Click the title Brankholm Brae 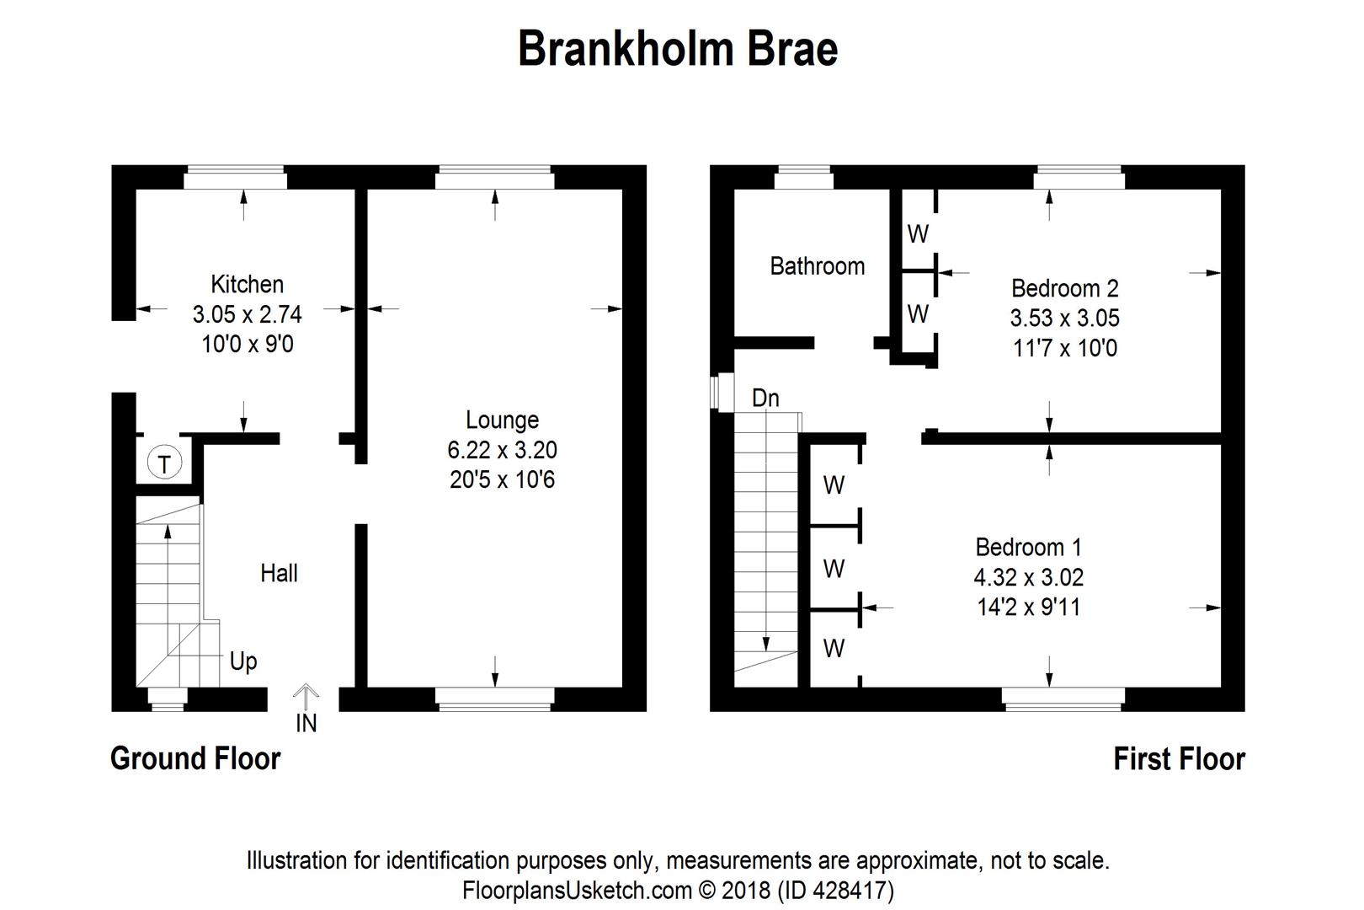tap(678, 49)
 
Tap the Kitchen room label tap(247, 284)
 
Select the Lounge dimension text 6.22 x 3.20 tap(502, 450)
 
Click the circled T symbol tap(164, 463)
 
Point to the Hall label tap(279, 574)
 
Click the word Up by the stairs tap(243, 661)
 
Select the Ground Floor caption tap(195, 758)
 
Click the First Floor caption tap(1179, 759)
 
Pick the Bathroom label tap(817, 266)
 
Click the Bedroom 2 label tap(1064, 288)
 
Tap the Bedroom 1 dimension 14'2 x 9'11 tap(1028, 607)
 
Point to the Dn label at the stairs tap(765, 398)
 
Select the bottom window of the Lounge tap(495, 699)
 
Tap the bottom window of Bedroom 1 tap(1063, 699)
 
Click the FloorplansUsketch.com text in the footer tap(577, 891)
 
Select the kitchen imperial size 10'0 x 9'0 tap(248, 345)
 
